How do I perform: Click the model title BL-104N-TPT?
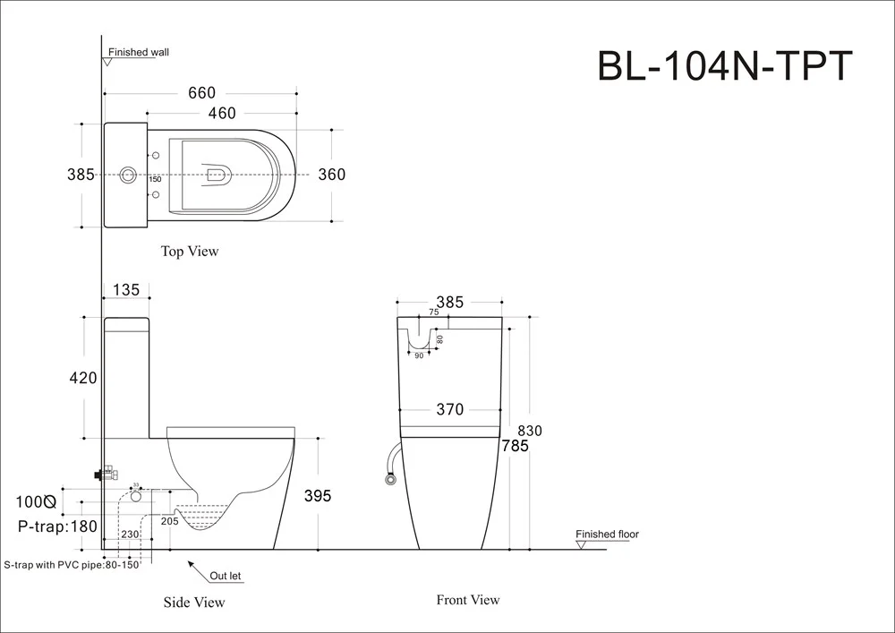coord(725,66)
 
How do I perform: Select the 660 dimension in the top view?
coord(202,92)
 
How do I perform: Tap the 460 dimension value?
coord(222,113)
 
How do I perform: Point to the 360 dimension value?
coord(332,174)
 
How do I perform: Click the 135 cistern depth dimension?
coord(126,290)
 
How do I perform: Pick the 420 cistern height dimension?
coord(82,378)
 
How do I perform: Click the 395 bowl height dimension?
coord(318,496)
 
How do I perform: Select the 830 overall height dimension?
coord(530,431)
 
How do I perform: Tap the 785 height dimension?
coord(515,446)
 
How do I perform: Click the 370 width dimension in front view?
coord(450,409)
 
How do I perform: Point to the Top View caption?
coord(190,252)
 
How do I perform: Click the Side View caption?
coord(194,603)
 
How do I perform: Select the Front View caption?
coord(468,600)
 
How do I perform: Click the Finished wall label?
coord(139,53)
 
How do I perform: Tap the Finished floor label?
coord(608,535)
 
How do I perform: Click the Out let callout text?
coord(226,576)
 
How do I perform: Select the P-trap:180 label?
coord(57,526)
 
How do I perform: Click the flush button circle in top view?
coord(127,175)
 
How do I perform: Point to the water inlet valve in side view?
coord(107,474)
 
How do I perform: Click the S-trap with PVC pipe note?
coord(72,565)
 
